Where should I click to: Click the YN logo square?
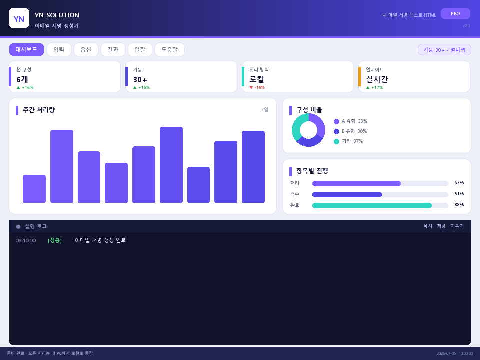[x=19, y=18]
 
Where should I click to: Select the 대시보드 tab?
[x=26, y=49]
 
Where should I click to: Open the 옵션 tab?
[x=86, y=49]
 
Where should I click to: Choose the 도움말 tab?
[x=170, y=49]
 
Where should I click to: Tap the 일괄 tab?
[x=140, y=49]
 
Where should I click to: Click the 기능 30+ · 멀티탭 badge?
[x=444, y=50]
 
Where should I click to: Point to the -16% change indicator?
[x=257, y=87]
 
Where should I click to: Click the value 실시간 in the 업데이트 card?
[x=377, y=79]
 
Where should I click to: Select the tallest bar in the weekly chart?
[x=171, y=165]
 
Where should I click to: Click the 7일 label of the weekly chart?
[x=265, y=109]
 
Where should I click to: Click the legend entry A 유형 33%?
[x=351, y=121]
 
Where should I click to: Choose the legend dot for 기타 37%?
[x=336, y=141]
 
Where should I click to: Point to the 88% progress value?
[x=459, y=205]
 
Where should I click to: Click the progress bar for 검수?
[x=380, y=194]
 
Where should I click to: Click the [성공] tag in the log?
[x=55, y=240]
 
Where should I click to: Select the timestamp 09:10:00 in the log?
[x=26, y=240]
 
